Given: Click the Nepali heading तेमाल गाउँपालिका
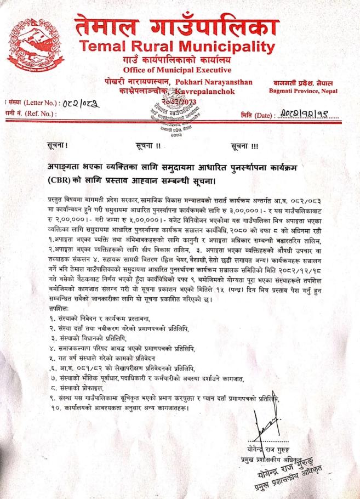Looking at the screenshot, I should (x=177, y=26).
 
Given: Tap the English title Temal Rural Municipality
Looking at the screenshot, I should (x=176, y=47).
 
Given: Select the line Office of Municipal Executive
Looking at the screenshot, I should (x=176, y=70).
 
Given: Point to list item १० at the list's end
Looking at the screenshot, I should (x=118, y=409).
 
